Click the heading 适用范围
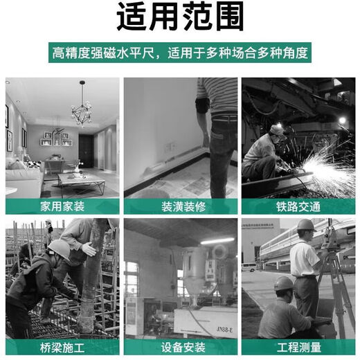click(179, 19)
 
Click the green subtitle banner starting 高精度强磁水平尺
click(179, 53)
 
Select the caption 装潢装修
click(181, 206)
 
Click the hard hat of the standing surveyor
click(305, 225)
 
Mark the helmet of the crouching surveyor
click(283, 283)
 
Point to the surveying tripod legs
click(339, 291)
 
